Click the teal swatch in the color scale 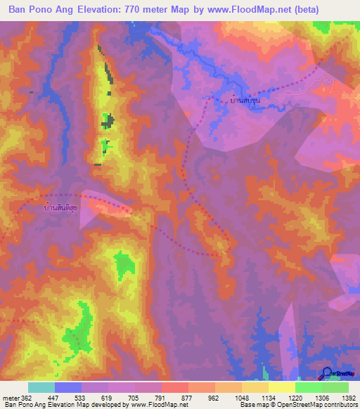(x=41, y=387)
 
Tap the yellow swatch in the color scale (x=281, y=387)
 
